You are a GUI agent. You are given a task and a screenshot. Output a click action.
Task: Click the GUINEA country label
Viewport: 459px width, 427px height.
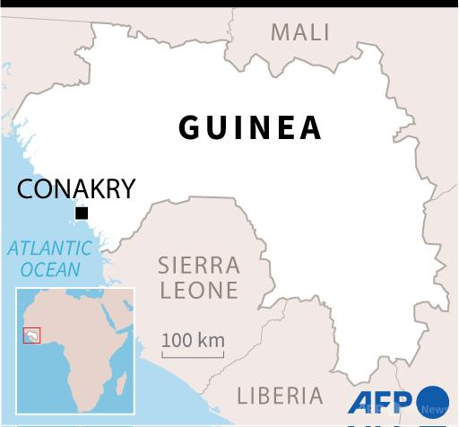(x=250, y=127)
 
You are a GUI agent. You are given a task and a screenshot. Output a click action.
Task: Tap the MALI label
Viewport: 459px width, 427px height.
(x=300, y=32)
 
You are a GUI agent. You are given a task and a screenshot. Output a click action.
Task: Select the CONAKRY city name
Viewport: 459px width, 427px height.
(x=76, y=189)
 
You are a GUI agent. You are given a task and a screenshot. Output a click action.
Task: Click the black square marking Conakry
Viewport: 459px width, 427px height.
(x=82, y=213)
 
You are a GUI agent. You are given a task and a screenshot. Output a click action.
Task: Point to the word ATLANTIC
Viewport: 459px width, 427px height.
(x=49, y=248)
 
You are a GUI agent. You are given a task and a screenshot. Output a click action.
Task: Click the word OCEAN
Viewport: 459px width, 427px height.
(x=50, y=269)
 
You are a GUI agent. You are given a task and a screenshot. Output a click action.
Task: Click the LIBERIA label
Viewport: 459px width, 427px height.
(x=280, y=395)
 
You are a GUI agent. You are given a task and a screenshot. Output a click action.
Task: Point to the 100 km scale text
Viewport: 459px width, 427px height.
(x=193, y=341)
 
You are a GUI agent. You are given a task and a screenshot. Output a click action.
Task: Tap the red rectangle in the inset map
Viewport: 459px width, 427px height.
(x=32, y=335)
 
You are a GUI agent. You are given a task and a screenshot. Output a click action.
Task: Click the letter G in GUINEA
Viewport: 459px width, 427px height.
(x=190, y=127)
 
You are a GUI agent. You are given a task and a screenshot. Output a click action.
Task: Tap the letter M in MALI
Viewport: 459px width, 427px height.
(x=280, y=32)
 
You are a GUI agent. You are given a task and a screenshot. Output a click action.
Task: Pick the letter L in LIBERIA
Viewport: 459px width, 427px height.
(x=242, y=395)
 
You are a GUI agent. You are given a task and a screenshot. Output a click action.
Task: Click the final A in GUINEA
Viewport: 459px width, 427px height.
(x=309, y=127)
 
